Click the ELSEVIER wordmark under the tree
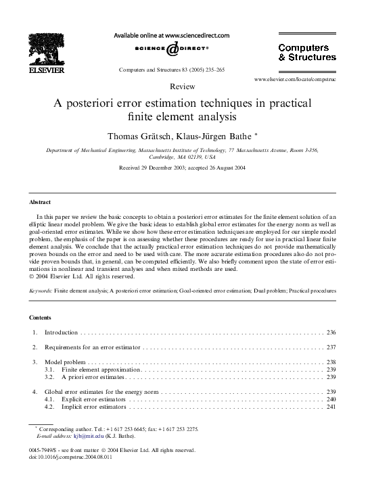pos(47,70)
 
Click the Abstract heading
pos(41,202)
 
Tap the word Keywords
pos(41,291)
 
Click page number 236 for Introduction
pos(331,332)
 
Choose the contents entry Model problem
pos(65,362)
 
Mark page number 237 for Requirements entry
pos(331,347)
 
